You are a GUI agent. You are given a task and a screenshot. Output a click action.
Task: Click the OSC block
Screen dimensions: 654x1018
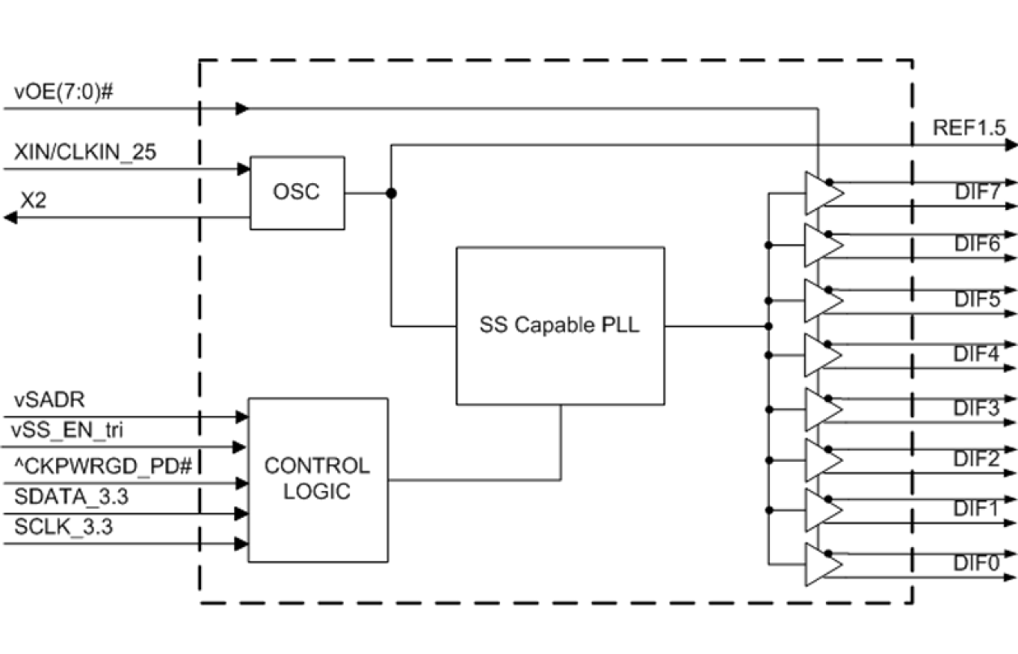[297, 193]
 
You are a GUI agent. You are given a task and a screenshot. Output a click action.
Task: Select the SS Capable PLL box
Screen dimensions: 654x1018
[560, 326]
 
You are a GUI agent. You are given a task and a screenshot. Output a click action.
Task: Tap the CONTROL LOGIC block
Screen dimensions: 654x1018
[317, 479]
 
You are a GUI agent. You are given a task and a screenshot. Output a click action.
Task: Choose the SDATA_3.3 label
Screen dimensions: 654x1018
[72, 497]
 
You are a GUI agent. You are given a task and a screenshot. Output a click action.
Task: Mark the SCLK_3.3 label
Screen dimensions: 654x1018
[64, 527]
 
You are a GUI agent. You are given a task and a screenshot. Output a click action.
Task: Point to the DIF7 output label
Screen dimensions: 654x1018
[975, 192]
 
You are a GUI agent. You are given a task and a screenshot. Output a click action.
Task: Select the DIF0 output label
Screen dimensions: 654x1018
[975, 562]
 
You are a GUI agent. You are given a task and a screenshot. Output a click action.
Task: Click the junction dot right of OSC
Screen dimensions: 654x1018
[391, 194]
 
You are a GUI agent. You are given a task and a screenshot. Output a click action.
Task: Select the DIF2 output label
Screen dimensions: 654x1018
[975, 458]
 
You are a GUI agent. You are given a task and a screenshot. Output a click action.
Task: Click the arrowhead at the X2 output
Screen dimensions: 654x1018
[10, 217]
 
